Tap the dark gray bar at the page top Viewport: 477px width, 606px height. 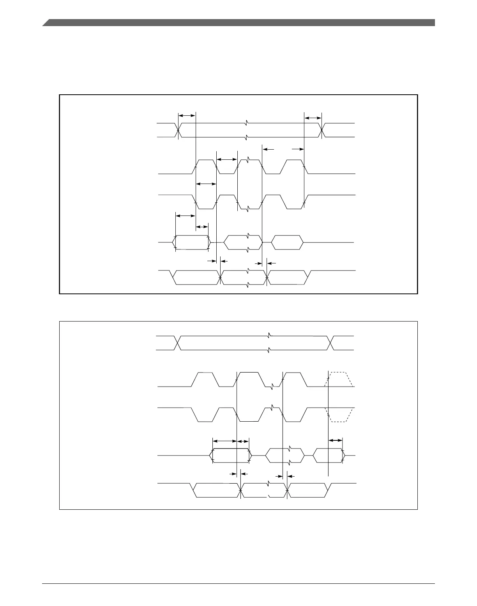[x=238, y=23]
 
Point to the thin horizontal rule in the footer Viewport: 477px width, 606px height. [x=238, y=583]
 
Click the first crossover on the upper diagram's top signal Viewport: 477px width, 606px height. [x=178, y=130]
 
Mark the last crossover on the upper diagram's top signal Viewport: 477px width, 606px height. [x=322, y=130]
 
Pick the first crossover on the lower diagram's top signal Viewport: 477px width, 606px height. [x=178, y=343]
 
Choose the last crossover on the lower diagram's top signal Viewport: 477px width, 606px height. [x=330, y=343]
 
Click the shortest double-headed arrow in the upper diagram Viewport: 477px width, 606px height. [x=202, y=227]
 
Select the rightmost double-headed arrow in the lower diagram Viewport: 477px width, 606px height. [x=336, y=440]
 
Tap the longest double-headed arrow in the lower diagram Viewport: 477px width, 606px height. [x=225, y=441]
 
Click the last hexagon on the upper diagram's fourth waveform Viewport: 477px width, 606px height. [x=287, y=242]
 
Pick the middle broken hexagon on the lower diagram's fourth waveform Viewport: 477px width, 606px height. [x=284, y=455]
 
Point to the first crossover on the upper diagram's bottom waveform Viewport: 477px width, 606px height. [x=221, y=277]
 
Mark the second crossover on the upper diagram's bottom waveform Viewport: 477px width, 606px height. [x=267, y=277]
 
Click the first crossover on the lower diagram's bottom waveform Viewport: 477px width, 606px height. [x=241, y=490]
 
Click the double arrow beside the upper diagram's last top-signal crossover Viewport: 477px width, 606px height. [x=313, y=118]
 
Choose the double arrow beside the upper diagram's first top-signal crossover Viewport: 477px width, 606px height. [x=187, y=115]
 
